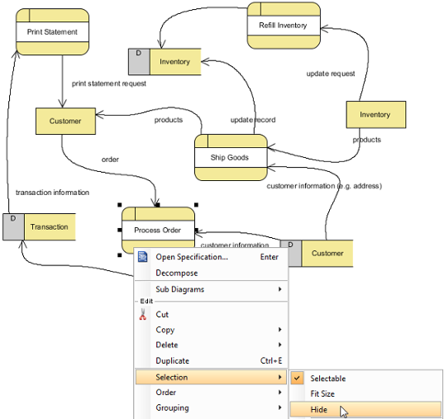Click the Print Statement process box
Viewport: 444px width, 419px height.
coord(52,31)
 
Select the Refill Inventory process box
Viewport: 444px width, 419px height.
coord(284,26)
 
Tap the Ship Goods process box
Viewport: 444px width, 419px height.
coord(231,157)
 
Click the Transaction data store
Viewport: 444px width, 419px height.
coord(39,227)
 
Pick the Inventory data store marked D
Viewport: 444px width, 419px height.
coord(165,62)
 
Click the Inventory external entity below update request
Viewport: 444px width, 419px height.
coord(376,115)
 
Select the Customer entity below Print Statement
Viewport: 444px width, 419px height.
coord(65,121)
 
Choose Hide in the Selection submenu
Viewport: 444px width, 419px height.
coord(319,410)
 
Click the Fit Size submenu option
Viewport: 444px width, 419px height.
coord(322,394)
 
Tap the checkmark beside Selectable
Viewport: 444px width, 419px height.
coord(297,378)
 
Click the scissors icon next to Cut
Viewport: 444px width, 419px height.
coord(143,315)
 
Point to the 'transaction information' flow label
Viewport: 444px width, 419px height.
coord(52,193)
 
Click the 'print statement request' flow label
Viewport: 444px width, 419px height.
coord(109,83)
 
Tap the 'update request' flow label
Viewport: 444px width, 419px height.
coord(331,74)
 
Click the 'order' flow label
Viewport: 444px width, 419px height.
coord(110,160)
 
